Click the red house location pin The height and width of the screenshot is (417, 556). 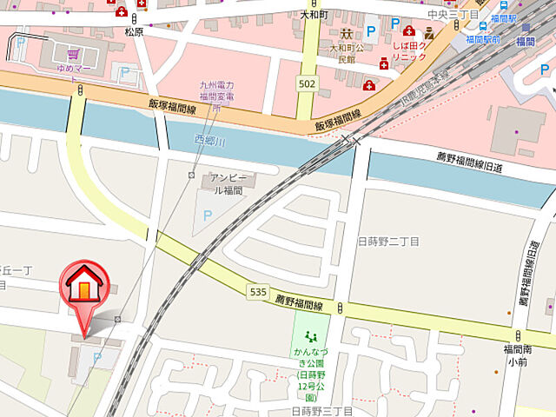[83, 290]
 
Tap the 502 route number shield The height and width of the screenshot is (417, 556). [305, 83]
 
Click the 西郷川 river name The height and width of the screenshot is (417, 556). [208, 140]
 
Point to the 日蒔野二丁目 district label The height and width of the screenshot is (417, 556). [388, 241]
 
